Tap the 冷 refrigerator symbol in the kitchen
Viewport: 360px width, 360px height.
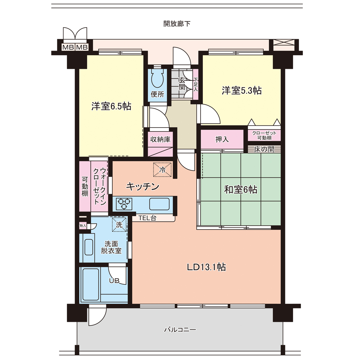point(162,170)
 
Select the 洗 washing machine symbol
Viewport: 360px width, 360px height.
point(119,224)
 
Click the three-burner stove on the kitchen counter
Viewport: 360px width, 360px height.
point(124,204)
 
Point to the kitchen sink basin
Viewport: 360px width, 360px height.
point(159,204)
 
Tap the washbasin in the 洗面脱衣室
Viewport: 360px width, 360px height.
point(89,247)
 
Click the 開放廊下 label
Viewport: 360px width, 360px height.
point(177,24)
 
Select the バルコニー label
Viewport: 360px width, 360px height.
point(180,330)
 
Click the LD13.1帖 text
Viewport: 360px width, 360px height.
point(207,267)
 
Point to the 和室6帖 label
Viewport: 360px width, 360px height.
point(241,190)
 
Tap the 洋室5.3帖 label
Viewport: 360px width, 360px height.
point(242,90)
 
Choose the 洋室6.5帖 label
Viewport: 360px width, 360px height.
point(111,106)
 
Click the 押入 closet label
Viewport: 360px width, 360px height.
point(222,139)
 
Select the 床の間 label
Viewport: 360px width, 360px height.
point(264,149)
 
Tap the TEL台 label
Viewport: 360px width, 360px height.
point(147,218)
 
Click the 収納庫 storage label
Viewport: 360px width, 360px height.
point(160,139)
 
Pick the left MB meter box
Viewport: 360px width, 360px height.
point(68,47)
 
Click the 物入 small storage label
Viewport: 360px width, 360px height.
point(83,226)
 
